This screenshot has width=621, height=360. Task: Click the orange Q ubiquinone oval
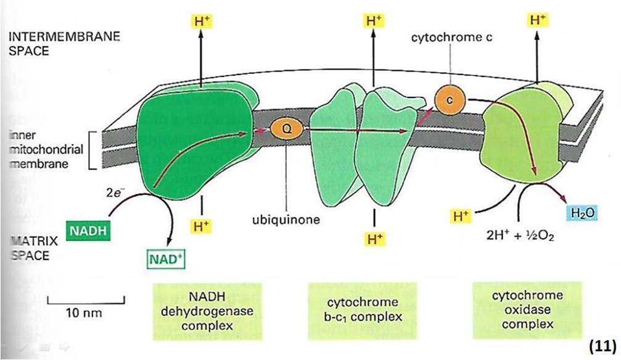[286, 130]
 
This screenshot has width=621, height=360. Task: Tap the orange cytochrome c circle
[449, 99]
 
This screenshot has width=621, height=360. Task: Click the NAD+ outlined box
[165, 256]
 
